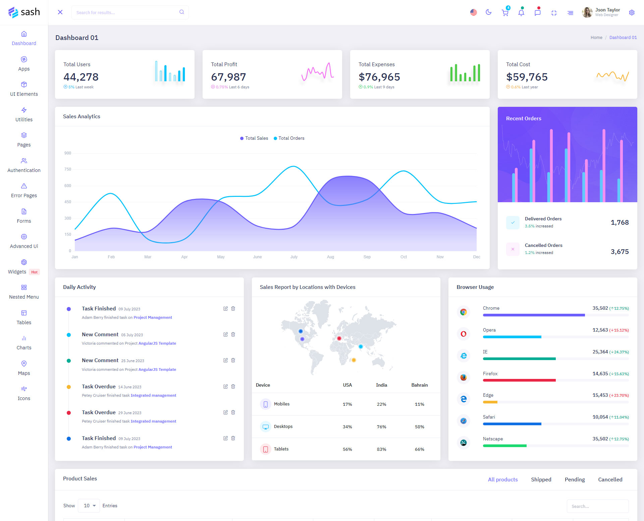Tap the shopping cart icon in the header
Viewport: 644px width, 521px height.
click(x=505, y=13)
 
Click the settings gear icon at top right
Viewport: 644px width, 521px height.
click(x=632, y=13)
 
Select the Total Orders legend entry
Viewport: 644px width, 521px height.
click(x=289, y=138)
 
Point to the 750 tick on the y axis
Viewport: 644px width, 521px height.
click(x=68, y=169)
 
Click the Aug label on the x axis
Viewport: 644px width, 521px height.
click(x=330, y=257)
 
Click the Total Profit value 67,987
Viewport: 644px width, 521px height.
click(x=228, y=77)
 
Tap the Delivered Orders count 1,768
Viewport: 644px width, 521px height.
click(x=620, y=222)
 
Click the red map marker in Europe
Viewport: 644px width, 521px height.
click(x=339, y=338)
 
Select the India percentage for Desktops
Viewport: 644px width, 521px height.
click(x=381, y=427)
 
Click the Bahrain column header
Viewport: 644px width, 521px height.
click(x=419, y=385)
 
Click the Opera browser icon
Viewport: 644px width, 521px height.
click(x=464, y=334)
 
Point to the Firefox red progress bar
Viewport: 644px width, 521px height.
click(x=519, y=380)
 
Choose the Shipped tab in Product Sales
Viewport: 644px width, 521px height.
click(x=541, y=479)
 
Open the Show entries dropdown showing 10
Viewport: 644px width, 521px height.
click(x=89, y=506)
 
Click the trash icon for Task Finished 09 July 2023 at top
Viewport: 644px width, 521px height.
click(x=233, y=308)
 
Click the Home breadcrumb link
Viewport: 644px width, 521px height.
click(x=596, y=37)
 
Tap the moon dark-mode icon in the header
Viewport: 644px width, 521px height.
click(x=489, y=12)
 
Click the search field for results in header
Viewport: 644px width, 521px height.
click(x=127, y=12)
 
